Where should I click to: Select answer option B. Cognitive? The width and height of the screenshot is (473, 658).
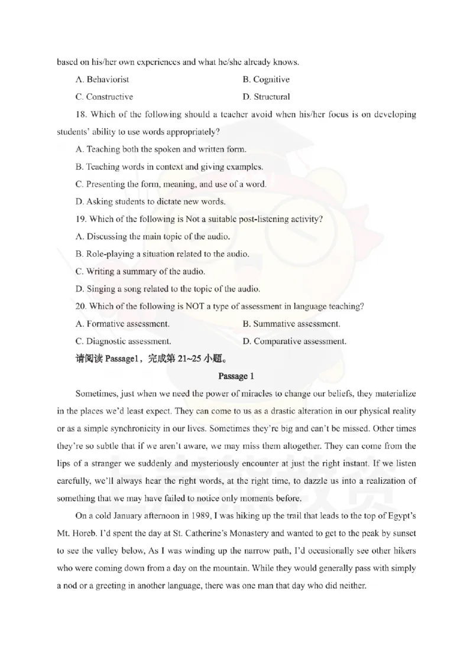266,79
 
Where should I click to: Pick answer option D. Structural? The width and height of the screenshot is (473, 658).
266,96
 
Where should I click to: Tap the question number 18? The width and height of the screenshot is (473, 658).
80,114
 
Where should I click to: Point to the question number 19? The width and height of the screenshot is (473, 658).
80,219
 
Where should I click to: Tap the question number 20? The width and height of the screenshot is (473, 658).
81,307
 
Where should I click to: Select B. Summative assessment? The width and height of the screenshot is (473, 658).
291,324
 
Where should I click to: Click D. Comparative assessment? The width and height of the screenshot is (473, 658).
294,341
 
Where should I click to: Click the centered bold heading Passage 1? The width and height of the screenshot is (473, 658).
236,376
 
